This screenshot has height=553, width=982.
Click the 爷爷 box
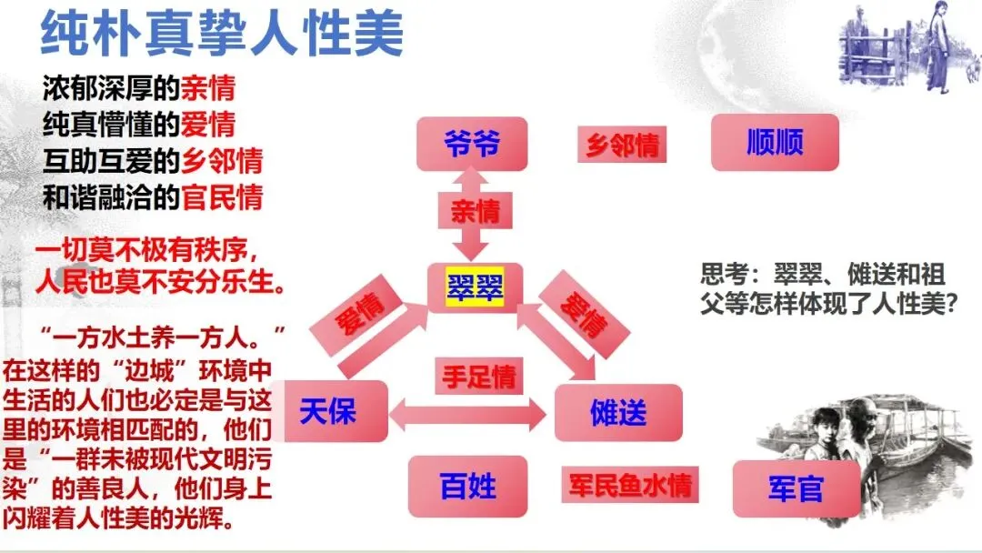click(x=472, y=144)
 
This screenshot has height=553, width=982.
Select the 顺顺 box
click(x=775, y=143)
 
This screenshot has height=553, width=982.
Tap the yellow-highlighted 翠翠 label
click(x=475, y=288)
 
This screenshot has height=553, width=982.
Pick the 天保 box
click(x=328, y=412)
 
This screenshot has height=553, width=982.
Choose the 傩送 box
click(x=618, y=414)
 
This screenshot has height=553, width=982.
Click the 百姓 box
click(x=468, y=486)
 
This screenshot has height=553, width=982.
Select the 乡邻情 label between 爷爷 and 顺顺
click(x=622, y=145)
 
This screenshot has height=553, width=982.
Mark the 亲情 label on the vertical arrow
click(x=475, y=212)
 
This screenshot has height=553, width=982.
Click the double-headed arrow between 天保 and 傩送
click(x=468, y=416)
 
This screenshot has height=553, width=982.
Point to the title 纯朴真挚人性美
click(x=223, y=35)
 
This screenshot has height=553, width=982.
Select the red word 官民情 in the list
click(x=223, y=196)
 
